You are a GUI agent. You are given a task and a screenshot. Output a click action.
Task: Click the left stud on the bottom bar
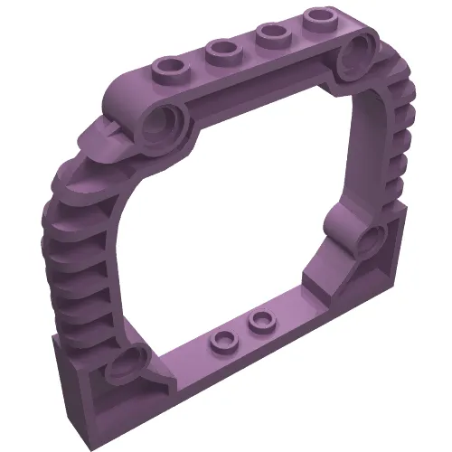(221, 339)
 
